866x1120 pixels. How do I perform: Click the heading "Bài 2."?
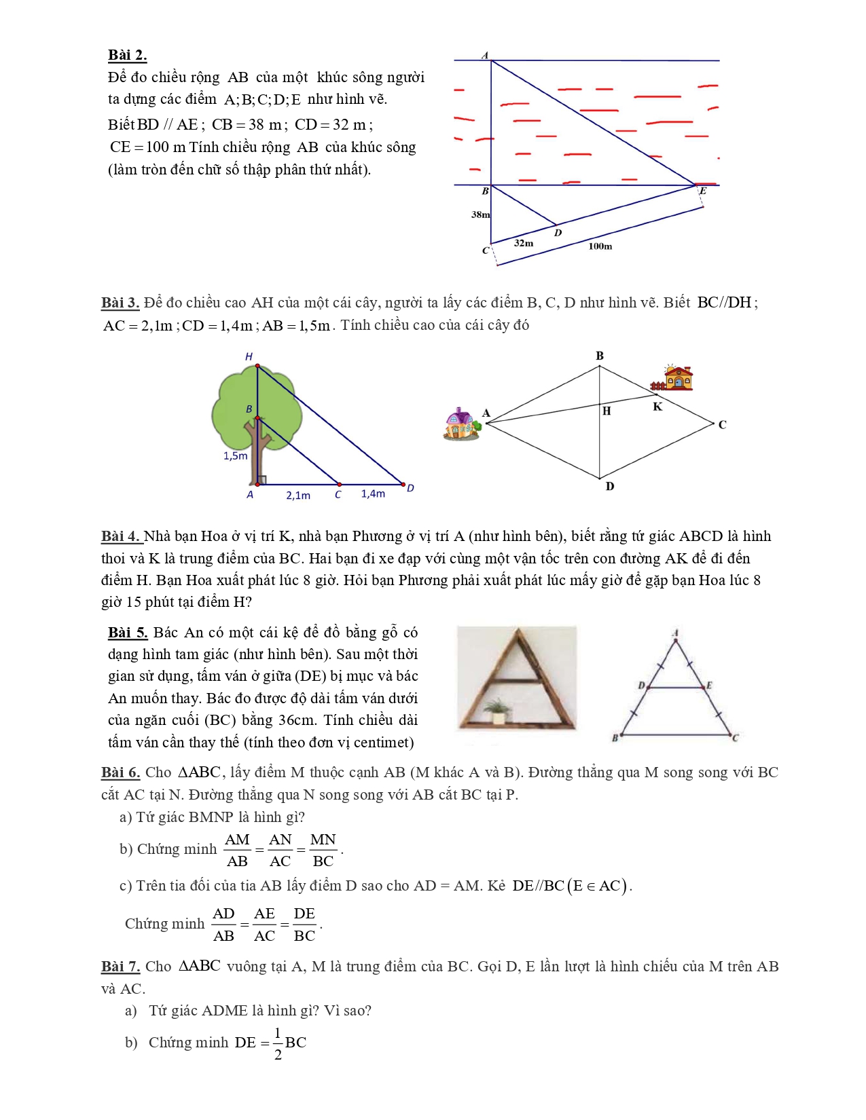point(127,55)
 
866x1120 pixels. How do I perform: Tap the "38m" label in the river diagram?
point(480,214)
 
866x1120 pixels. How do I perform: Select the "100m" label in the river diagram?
point(600,246)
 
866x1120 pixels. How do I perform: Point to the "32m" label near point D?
point(524,242)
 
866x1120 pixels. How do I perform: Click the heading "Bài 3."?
point(120,303)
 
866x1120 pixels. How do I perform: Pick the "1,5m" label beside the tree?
point(235,455)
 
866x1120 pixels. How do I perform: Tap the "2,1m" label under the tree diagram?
point(298,496)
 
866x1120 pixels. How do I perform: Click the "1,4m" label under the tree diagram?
point(373,493)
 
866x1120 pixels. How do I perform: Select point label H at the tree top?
point(249,356)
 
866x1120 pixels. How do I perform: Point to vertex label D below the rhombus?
point(609,486)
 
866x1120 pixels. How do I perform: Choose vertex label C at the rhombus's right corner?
point(722,425)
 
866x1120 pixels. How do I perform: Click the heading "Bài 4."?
point(121,536)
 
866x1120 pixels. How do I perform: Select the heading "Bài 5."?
point(128,633)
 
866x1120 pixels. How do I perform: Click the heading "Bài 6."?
point(120,772)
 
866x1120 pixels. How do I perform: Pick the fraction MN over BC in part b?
point(323,851)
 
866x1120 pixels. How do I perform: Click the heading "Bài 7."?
point(120,967)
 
